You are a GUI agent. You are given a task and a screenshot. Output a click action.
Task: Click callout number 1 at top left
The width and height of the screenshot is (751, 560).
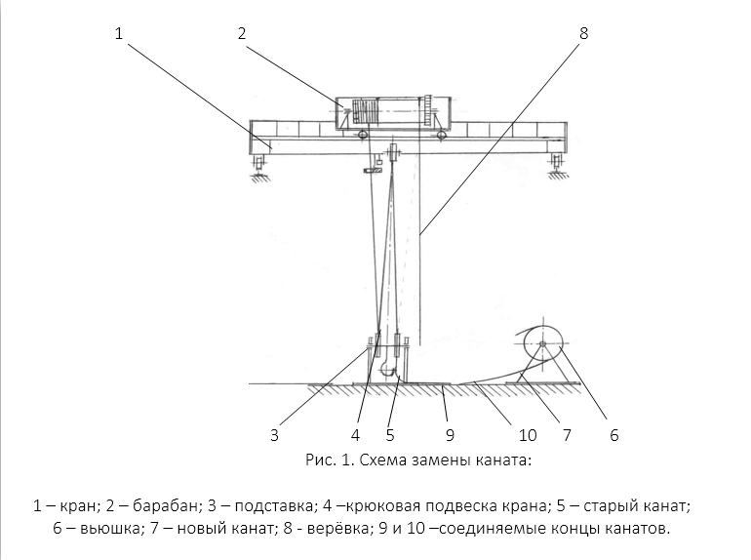point(119,34)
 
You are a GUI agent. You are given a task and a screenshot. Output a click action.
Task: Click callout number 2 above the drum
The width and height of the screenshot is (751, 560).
point(241,34)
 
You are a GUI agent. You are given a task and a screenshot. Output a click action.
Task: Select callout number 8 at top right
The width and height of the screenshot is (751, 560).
point(583,34)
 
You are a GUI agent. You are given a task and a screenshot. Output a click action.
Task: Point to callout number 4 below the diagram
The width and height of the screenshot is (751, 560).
point(357,435)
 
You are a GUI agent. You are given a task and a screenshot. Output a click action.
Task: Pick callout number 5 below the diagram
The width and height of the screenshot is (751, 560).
point(390,435)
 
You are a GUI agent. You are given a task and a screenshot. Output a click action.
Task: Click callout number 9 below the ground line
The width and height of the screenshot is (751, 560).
point(450,435)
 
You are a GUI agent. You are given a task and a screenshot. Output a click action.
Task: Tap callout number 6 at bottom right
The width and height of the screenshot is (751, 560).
point(614,435)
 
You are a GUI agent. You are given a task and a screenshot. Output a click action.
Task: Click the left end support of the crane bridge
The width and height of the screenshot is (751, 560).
point(260,162)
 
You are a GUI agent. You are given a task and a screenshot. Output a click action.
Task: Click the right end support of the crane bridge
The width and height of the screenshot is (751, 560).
point(555,162)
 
